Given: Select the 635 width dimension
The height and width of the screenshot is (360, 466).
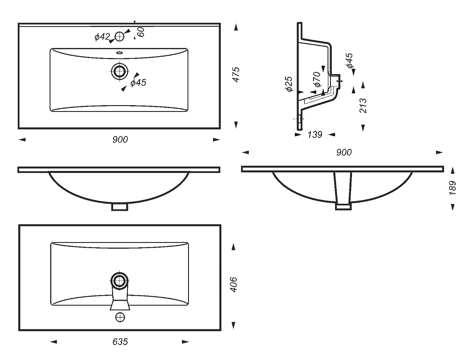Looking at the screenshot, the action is pos(120,342).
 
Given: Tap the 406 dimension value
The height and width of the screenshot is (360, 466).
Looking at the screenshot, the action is pos(233,285).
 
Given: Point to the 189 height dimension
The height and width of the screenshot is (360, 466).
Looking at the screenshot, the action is pos(452,188).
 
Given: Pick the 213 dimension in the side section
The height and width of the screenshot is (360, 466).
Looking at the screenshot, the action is pos(363,106).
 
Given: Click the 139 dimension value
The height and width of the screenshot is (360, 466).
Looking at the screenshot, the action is pos(315,135).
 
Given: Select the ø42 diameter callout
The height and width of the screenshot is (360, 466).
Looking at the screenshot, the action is pos(102,37).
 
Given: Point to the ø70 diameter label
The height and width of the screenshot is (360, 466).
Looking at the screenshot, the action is pos(317,79).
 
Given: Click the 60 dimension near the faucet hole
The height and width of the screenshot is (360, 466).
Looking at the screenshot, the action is pos(141,32).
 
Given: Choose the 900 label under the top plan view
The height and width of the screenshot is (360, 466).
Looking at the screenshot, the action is pos(120,140).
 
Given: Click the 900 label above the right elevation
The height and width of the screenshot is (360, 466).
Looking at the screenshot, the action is pos(344,152).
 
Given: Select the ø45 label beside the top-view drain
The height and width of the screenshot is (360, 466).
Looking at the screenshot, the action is pos(139,82).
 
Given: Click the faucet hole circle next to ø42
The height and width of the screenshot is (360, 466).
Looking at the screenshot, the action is pos(119,36).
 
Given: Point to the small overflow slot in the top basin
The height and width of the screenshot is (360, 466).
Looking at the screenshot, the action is pos(120,53).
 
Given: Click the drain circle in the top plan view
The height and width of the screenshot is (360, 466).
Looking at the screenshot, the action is pos(120,71).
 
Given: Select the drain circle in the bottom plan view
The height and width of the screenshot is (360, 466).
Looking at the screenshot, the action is pos(120,280).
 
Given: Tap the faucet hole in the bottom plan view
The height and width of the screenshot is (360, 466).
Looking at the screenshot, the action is pos(120,317).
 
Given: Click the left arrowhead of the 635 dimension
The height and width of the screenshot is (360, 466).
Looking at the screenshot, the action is pos(53,342).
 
